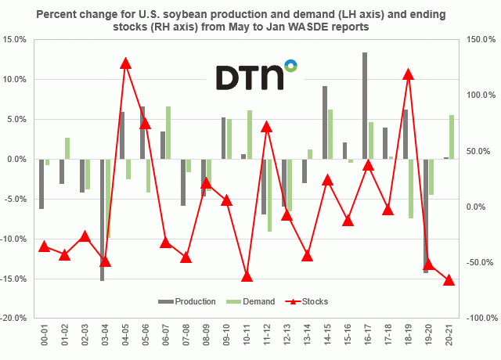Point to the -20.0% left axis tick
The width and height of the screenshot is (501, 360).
(x=15, y=319)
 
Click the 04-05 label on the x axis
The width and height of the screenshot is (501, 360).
(x=124, y=338)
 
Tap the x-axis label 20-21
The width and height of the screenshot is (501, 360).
(x=449, y=338)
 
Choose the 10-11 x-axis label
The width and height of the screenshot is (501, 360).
(x=247, y=338)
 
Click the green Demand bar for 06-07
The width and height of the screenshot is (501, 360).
(x=168, y=133)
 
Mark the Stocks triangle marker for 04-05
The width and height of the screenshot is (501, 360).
(x=125, y=63)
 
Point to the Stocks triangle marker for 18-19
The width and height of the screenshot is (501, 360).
(x=408, y=74)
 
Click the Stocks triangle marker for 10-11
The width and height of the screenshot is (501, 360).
(x=247, y=275)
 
